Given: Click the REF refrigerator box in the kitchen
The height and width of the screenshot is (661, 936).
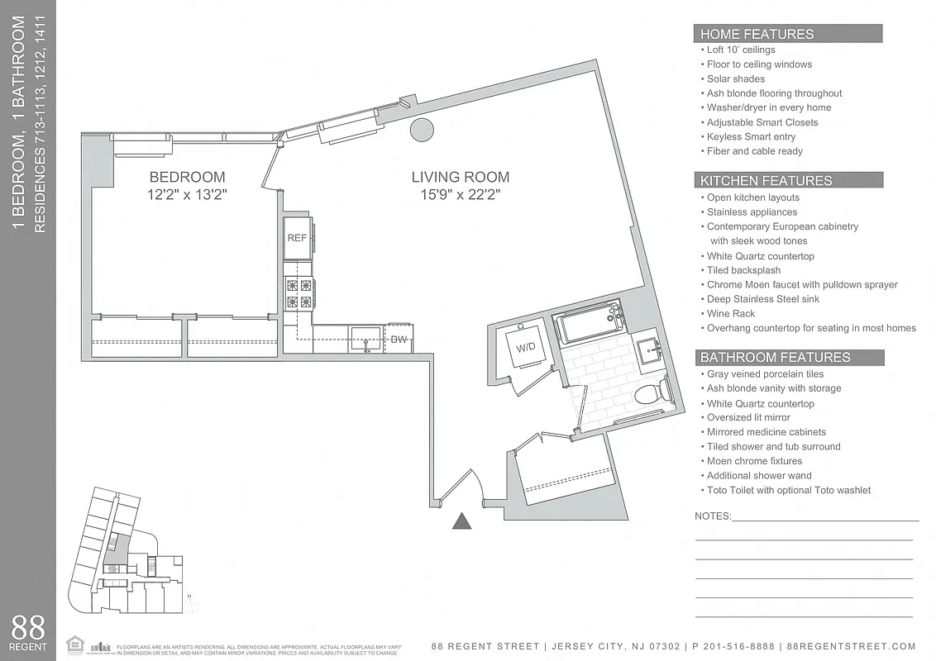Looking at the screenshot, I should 297,238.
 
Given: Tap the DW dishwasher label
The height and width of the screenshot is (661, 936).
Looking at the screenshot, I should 399,339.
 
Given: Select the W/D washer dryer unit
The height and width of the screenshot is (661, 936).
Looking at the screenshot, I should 526,348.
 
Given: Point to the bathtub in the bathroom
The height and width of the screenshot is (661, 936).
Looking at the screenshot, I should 586,327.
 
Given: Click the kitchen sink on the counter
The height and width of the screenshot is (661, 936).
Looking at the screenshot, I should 365,339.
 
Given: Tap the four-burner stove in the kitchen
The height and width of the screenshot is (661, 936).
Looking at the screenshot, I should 298,293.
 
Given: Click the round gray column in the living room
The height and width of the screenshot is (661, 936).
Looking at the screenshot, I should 422,129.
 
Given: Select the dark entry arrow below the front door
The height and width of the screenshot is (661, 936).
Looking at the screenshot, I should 462,521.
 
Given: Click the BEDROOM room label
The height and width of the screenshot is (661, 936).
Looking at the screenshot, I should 187,177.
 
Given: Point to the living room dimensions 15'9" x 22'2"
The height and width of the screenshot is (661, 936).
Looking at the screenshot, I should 461,195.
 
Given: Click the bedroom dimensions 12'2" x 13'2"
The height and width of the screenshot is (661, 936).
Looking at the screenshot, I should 187,195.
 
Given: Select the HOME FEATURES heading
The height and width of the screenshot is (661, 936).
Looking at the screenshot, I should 757,34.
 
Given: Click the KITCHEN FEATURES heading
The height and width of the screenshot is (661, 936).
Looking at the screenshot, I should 766,180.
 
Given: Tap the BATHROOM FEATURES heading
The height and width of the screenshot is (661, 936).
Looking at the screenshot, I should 775,357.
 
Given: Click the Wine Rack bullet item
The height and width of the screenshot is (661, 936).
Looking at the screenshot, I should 729,313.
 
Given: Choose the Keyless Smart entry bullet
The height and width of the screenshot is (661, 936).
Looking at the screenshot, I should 751,136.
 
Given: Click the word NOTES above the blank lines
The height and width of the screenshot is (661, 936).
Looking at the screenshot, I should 713,516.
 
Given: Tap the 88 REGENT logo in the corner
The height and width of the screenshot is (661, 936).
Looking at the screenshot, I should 28,632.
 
